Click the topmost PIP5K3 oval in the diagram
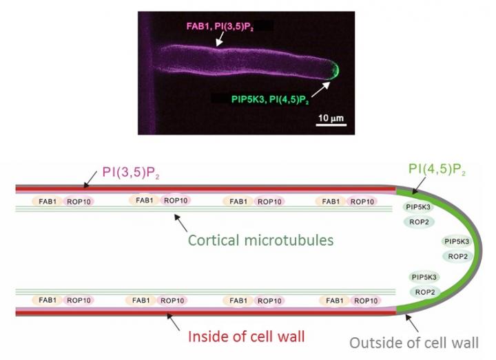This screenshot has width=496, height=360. [x=418, y=207]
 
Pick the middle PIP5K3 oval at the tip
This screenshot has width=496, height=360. [x=458, y=242]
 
